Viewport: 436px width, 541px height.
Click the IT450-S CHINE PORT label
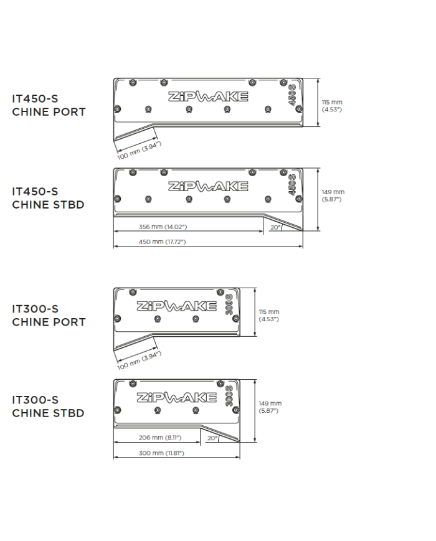tap(49, 105)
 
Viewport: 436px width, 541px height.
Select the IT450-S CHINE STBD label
tap(48, 198)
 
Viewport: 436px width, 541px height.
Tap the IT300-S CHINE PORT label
tap(49, 315)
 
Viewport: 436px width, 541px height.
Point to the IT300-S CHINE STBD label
tap(48, 406)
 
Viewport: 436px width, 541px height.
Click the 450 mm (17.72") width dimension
tap(162, 242)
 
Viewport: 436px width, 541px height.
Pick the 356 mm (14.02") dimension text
tap(161, 227)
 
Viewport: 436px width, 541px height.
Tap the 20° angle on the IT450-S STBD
tap(275, 227)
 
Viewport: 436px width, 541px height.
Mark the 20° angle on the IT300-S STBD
tap(212, 438)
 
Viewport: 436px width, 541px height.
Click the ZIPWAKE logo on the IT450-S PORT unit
tap(208, 96)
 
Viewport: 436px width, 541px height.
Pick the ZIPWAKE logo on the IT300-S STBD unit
tap(176, 397)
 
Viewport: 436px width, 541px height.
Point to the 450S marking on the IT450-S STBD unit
tap(291, 186)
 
